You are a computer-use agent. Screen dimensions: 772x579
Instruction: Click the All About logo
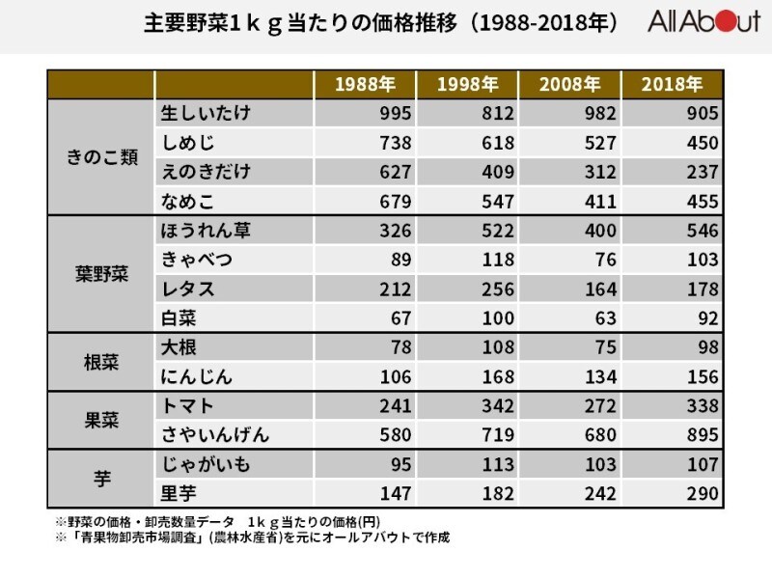click(x=704, y=21)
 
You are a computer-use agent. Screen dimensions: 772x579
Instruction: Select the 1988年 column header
click(x=365, y=84)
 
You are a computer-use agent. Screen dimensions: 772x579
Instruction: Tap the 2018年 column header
click(x=672, y=84)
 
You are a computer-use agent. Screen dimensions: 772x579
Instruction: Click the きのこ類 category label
click(x=102, y=157)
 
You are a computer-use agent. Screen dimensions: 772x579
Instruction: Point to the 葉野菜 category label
click(x=102, y=274)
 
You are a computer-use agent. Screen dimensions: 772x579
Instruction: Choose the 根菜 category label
click(x=102, y=363)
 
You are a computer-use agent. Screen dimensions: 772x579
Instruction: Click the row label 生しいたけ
click(x=206, y=113)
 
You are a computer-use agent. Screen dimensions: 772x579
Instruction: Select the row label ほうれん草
click(x=206, y=231)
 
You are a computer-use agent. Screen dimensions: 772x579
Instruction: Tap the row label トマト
click(x=187, y=405)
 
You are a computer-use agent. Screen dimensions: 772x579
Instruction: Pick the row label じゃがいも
click(x=206, y=464)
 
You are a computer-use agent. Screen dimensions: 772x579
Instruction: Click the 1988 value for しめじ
click(x=396, y=143)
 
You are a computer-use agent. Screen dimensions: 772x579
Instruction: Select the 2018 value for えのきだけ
click(x=703, y=172)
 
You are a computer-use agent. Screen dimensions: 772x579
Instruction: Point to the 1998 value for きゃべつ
click(x=498, y=260)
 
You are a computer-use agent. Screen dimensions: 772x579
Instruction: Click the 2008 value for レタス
click(x=600, y=289)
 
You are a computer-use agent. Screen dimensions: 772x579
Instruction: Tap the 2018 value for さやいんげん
click(x=703, y=435)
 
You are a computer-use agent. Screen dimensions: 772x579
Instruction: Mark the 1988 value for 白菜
click(x=400, y=318)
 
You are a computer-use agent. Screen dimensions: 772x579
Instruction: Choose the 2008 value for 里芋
click(x=600, y=493)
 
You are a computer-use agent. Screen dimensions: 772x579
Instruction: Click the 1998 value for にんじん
click(x=498, y=376)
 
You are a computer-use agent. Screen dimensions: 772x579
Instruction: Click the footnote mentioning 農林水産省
click(x=253, y=538)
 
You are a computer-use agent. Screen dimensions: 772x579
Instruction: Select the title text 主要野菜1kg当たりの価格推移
click(x=300, y=22)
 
